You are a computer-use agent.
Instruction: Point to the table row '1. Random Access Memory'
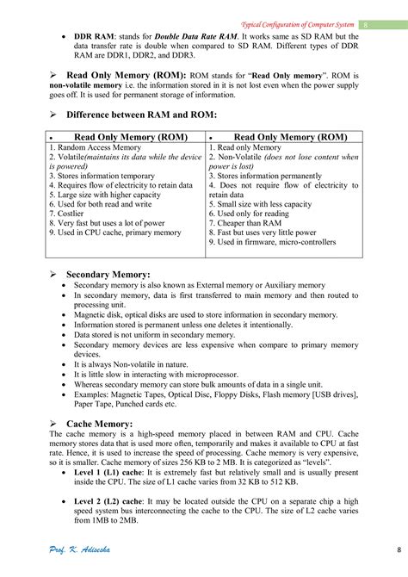coord(95,148)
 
